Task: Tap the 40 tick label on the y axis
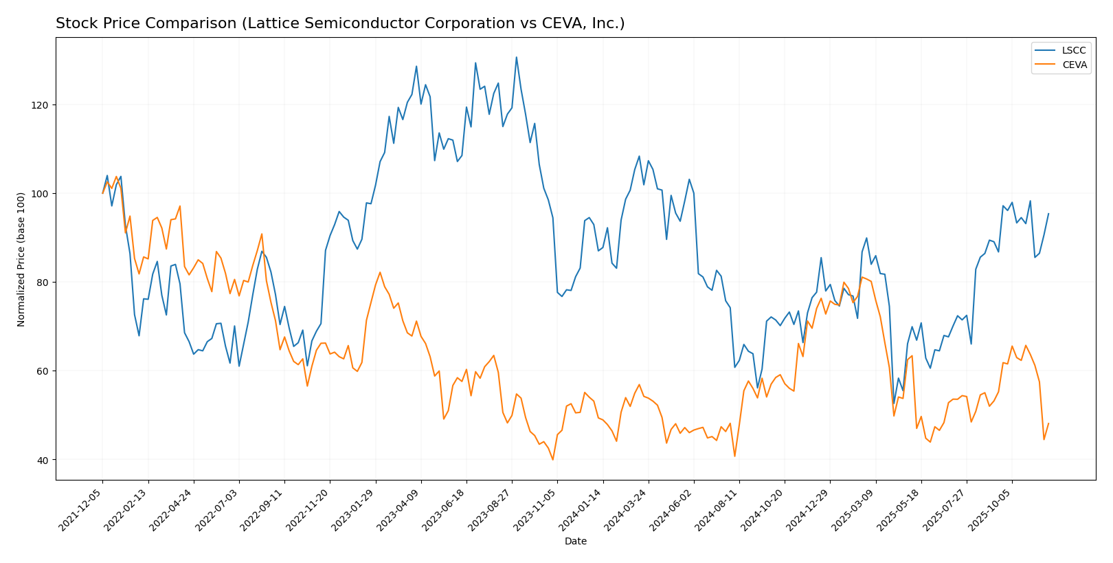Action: point(43,460)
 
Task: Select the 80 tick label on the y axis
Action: point(43,283)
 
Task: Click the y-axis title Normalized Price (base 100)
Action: point(21,259)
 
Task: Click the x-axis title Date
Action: point(575,542)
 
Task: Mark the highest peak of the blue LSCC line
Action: point(517,57)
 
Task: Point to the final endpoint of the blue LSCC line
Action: point(1048,213)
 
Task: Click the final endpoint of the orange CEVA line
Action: point(1048,423)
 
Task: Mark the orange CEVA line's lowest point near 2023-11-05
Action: point(552,459)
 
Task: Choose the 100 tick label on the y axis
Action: point(41,194)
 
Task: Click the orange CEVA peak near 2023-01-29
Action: point(380,272)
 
